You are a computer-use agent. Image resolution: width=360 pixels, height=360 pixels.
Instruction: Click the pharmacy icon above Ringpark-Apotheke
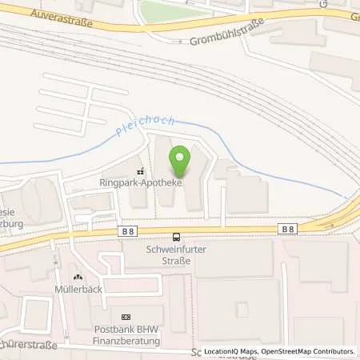click(x=140, y=170)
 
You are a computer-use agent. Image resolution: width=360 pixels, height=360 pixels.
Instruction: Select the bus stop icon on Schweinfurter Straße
click(x=175, y=236)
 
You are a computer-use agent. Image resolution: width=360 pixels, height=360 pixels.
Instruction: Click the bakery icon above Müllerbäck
click(x=78, y=276)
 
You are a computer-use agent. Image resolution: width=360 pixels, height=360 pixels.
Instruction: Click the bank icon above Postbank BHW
click(x=125, y=318)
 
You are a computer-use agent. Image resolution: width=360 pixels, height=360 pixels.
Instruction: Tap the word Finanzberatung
click(x=125, y=341)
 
